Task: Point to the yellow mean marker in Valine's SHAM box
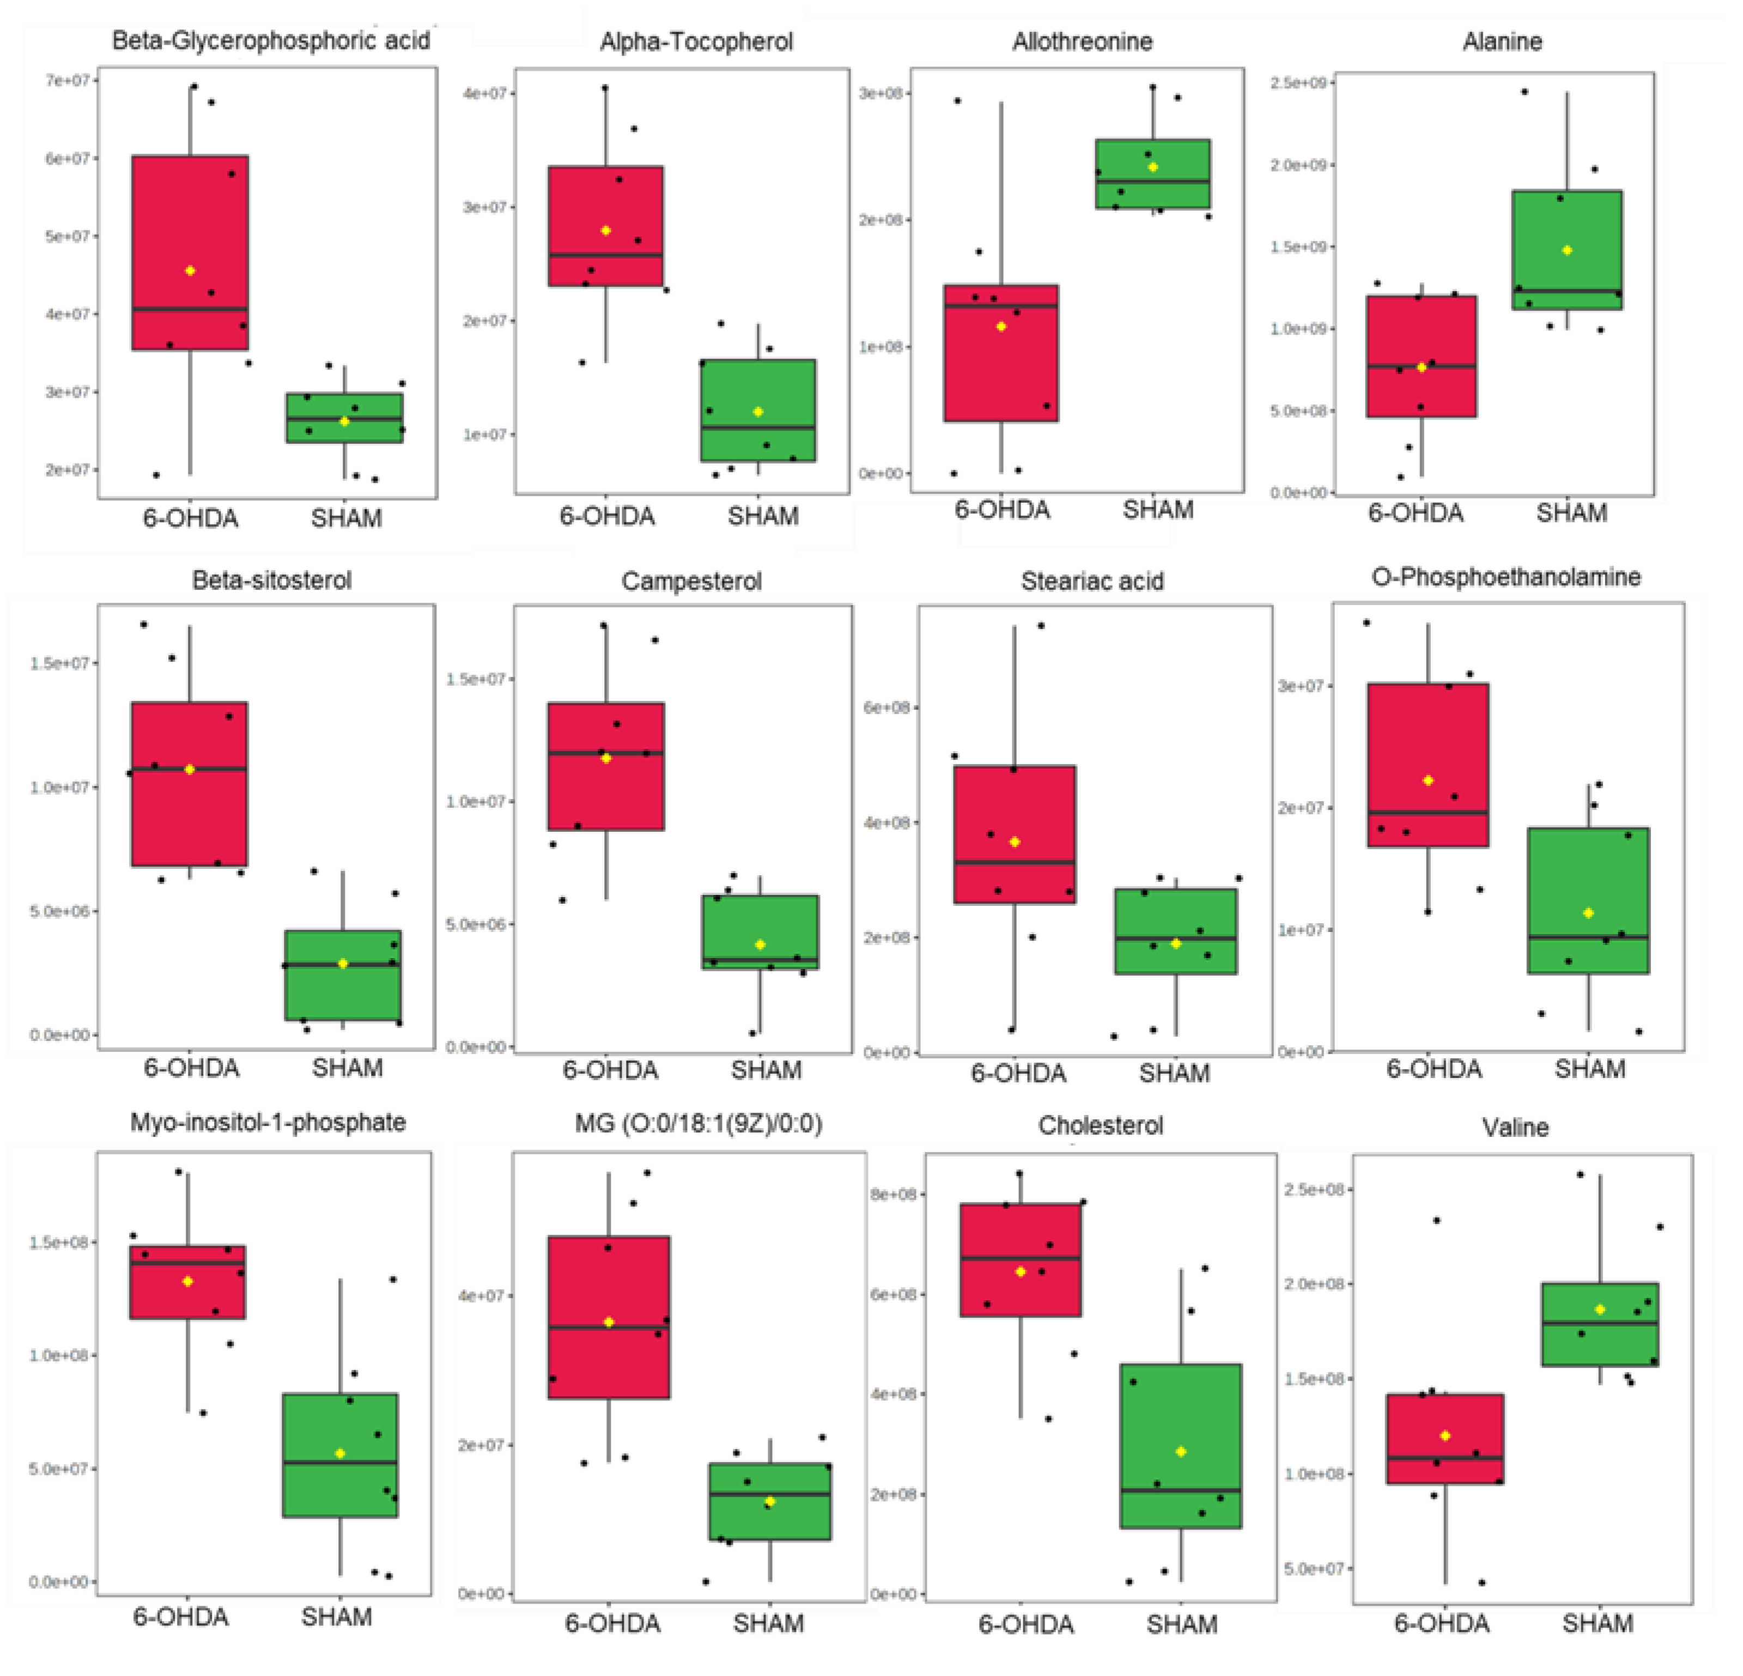[1600, 1309]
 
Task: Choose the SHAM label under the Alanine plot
[1571, 513]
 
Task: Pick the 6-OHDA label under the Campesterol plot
[610, 1070]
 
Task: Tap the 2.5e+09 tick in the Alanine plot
[1298, 83]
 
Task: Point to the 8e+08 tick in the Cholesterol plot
[894, 1193]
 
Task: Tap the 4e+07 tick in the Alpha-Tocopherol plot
[485, 93]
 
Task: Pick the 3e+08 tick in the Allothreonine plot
[880, 93]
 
